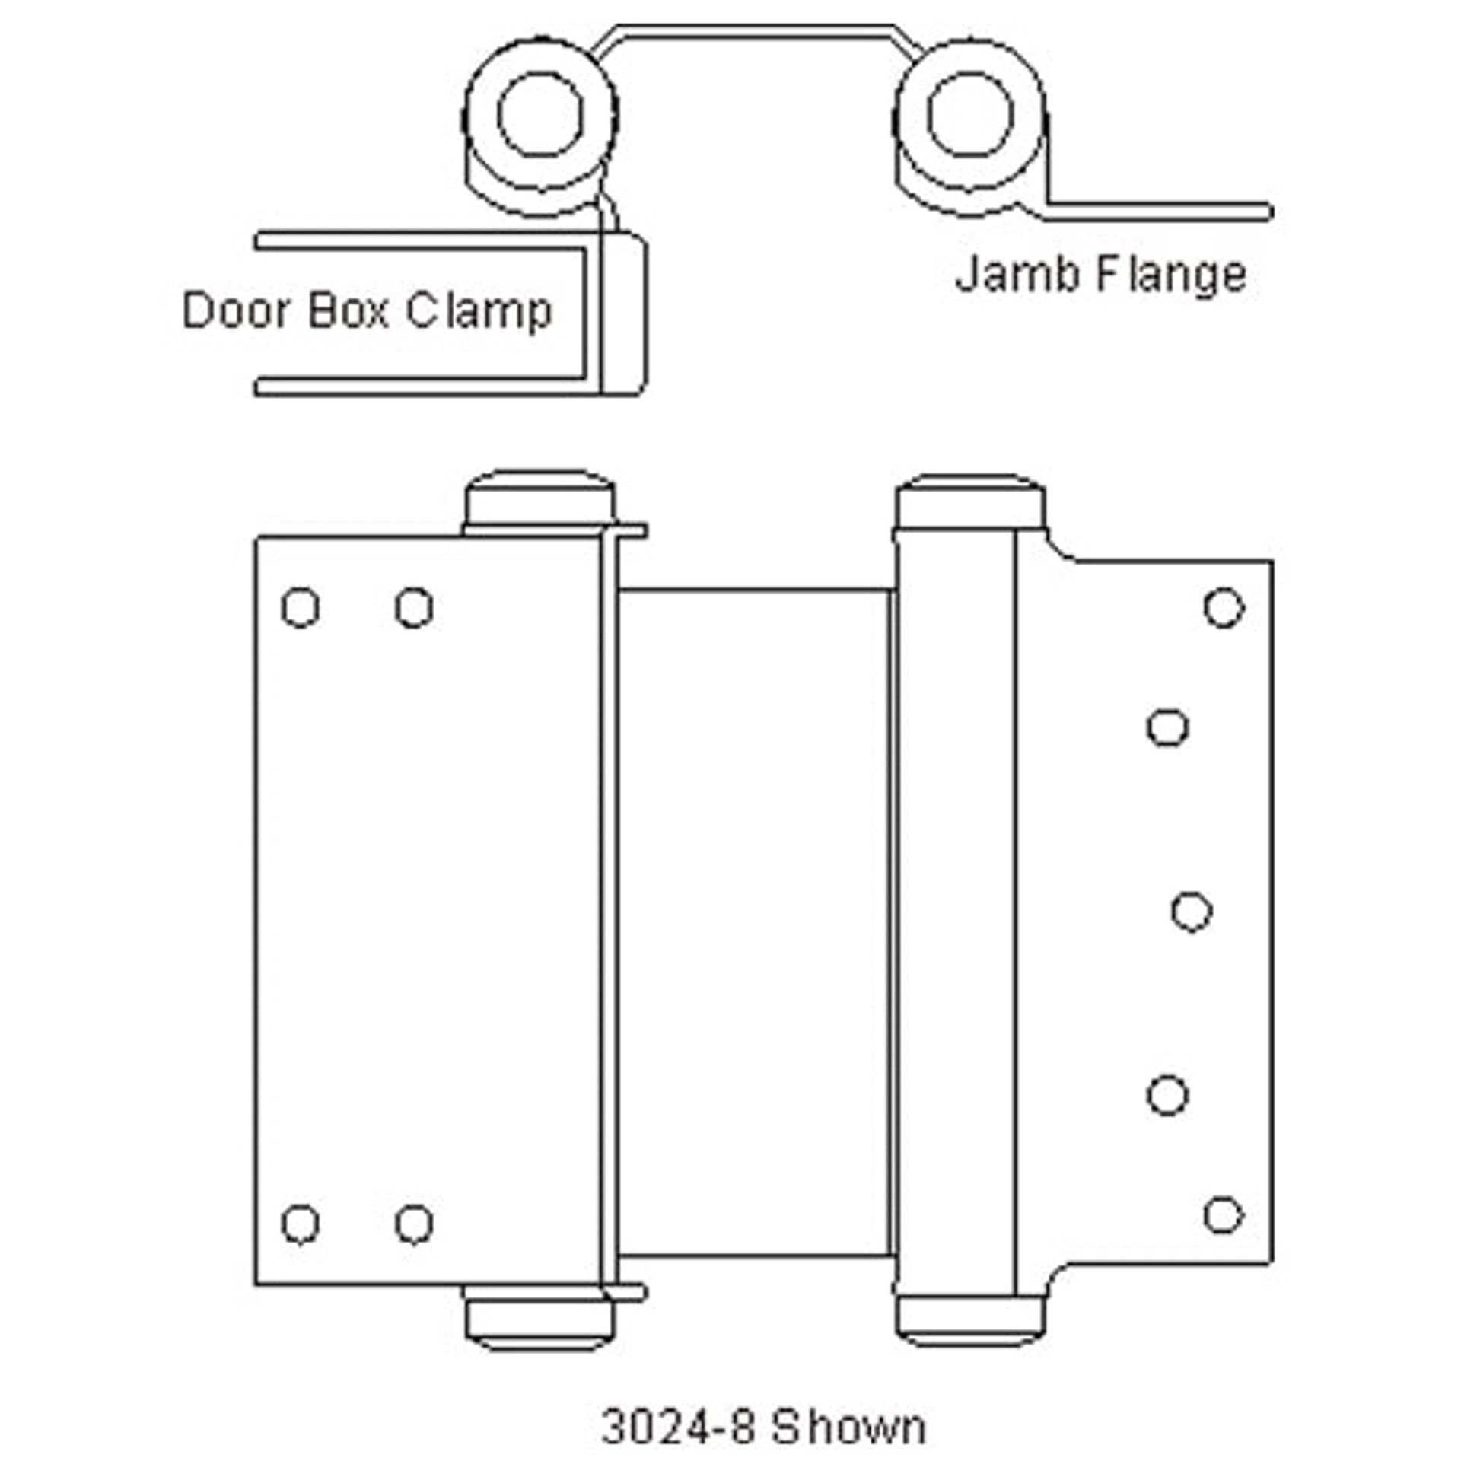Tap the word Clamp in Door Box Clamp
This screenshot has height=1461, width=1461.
[479, 311]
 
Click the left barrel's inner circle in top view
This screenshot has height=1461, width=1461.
[540, 114]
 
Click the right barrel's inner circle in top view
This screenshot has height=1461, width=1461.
[970, 114]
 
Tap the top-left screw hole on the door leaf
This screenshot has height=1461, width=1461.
[300, 607]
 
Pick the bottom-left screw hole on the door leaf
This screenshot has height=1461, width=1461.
[300, 1224]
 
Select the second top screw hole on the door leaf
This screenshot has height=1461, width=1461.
[414, 607]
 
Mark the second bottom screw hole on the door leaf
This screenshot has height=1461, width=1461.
[414, 1224]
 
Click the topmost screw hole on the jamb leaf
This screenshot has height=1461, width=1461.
[1224, 607]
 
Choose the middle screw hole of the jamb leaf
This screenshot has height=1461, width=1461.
[1191, 912]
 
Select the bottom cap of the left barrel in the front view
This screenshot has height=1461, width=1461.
[540, 1322]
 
